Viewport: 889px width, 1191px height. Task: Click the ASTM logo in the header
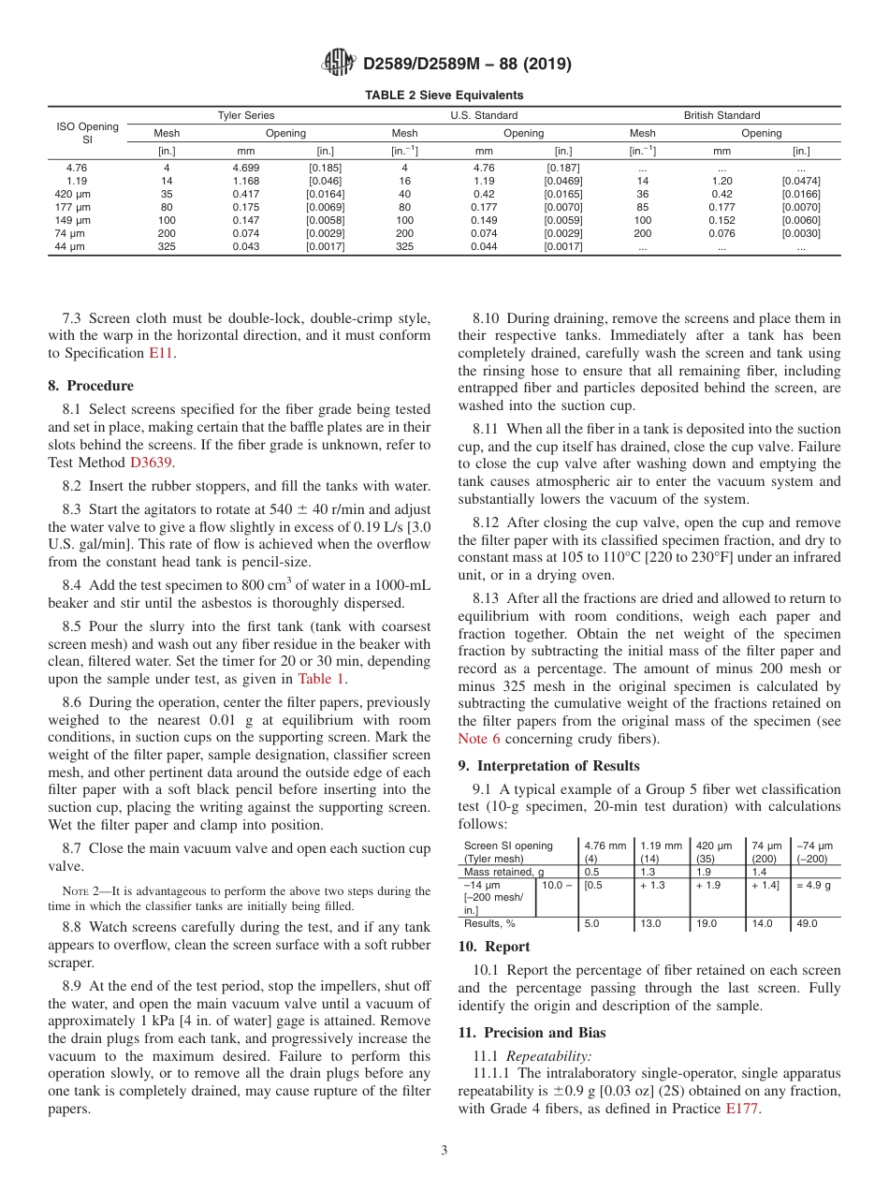click(338, 63)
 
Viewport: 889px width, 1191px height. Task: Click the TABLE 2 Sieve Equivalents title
click(444, 96)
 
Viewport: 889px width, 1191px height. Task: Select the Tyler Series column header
click(246, 116)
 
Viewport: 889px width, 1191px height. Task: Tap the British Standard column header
click(721, 116)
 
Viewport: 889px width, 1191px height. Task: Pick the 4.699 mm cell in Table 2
click(246, 168)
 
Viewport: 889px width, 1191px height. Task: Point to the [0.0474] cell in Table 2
click(801, 181)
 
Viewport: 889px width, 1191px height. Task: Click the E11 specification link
click(161, 353)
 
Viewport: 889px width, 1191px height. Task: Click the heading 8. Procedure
click(91, 386)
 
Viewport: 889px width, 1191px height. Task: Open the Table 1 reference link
click(321, 679)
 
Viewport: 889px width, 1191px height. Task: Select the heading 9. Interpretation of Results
click(548, 766)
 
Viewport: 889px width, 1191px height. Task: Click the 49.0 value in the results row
click(807, 923)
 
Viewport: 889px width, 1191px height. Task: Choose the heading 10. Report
click(494, 947)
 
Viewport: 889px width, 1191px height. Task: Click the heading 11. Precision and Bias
click(532, 1033)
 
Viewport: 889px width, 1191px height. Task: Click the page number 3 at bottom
click(444, 1151)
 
